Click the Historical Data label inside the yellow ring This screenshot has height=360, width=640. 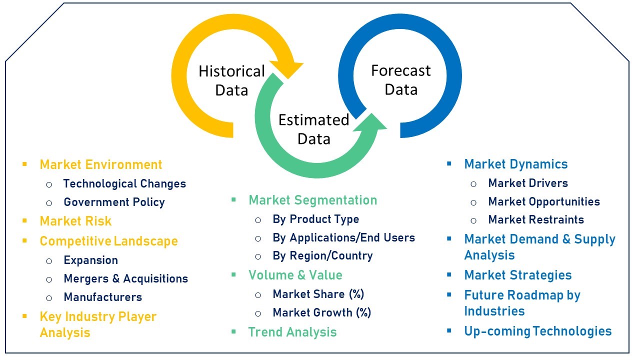[x=231, y=81]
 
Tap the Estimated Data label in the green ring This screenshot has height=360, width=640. [x=313, y=129]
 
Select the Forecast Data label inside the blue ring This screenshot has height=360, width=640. [x=401, y=80]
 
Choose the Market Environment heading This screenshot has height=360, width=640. [x=101, y=164]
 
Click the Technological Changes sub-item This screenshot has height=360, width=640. [x=124, y=183]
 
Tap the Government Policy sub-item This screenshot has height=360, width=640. [x=114, y=202]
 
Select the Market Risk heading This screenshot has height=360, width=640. [x=75, y=221]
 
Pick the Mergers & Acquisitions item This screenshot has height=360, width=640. [x=125, y=278]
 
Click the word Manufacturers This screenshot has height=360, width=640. [x=103, y=297]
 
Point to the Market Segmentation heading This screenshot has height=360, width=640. [x=313, y=200]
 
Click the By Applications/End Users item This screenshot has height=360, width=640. [x=343, y=237]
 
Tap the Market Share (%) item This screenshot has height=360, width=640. [x=318, y=294]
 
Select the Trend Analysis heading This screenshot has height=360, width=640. [x=292, y=332]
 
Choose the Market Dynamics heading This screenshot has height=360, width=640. [x=516, y=164]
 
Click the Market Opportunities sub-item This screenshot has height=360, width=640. [x=544, y=201]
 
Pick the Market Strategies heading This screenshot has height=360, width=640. [x=518, y=275]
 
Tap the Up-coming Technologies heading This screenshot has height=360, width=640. [x=538, y=331]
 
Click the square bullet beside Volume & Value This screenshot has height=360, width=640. [x=233, y=275]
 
